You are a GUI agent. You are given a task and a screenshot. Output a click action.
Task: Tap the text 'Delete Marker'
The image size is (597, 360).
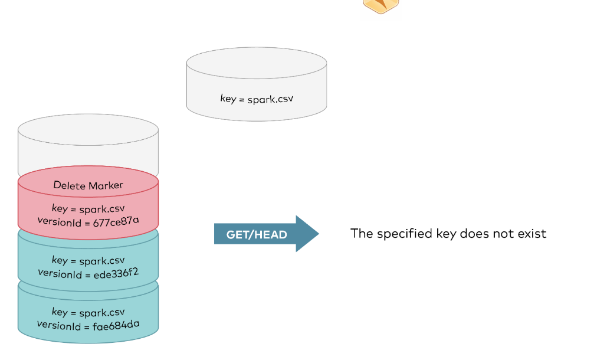(x=88, y=185)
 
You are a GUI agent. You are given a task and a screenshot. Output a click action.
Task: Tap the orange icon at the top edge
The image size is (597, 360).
(x=380, y=5)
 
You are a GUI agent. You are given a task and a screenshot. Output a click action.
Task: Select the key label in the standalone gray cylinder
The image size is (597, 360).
(x=257, y=99)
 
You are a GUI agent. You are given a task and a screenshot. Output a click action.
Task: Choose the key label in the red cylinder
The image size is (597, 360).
(x=88, y=209)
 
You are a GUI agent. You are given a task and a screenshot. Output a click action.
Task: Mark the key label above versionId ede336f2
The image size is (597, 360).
(x=88, y=260)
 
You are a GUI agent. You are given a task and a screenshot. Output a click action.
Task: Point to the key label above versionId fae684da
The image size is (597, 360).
(x=88, y=312)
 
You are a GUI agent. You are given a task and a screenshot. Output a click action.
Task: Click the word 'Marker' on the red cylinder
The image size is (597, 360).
(x=106, y=185)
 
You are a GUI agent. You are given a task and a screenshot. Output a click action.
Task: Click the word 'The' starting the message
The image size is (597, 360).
(x=362, y=234)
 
